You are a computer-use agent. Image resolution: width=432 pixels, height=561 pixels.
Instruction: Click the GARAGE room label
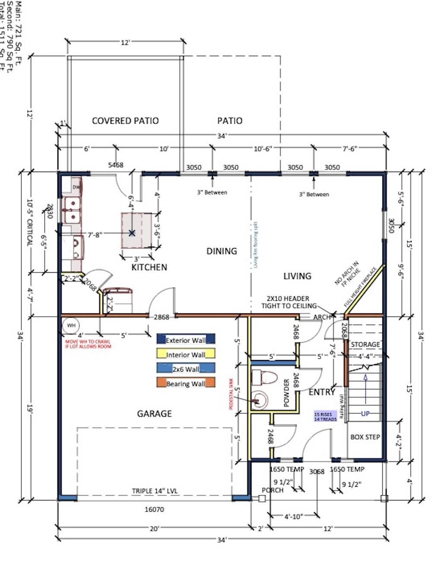(154, 414)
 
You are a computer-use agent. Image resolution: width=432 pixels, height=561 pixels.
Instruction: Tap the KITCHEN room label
(149, 267)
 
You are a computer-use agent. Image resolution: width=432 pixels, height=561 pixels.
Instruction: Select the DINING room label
(221, 251)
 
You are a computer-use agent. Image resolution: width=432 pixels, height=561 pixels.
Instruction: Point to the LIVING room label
(297, 276)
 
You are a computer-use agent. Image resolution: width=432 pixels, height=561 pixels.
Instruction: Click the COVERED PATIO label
(125, 121)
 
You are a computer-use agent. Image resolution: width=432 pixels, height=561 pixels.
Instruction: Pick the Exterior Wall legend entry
(186, 340)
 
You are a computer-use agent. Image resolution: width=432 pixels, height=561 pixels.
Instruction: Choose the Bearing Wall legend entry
(186, 383)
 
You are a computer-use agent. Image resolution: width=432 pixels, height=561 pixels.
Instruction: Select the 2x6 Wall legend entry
(186, 369)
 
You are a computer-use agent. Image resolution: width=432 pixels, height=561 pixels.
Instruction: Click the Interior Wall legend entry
(186, 355)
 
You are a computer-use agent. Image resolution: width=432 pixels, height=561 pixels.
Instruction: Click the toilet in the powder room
(264, 377)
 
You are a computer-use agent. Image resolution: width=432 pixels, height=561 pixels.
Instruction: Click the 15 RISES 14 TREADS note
(326, 416)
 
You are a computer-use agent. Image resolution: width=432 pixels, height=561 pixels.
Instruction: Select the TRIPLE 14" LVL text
(155, 491)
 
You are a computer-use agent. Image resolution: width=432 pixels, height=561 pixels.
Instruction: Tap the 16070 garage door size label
(154, 510)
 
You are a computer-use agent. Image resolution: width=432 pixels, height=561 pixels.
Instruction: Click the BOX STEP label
(365, 437)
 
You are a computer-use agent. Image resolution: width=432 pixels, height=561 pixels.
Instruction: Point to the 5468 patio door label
(115, 165)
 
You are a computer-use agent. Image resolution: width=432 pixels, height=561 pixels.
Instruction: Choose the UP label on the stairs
(365, 414)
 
